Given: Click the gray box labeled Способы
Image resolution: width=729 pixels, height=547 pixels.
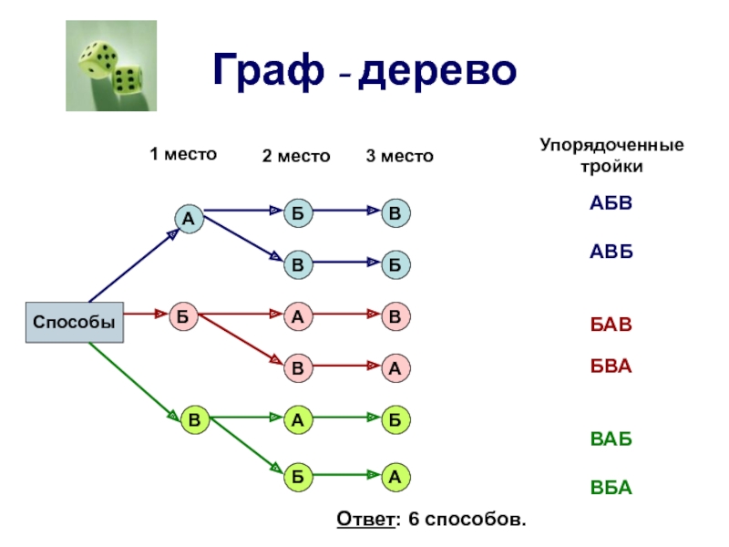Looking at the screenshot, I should [x=75, y=322].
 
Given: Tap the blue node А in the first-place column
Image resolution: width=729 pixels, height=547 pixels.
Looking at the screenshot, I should [x=189, y=219].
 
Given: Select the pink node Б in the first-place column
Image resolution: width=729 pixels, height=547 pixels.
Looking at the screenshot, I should [x=182, y=315].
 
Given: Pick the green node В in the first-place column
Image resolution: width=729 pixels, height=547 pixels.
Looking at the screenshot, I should [x=194, y=420].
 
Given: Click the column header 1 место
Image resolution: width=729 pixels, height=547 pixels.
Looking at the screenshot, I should [x=183, y=154].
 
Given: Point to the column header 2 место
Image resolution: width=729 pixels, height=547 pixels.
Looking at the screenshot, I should [x=296, y=157].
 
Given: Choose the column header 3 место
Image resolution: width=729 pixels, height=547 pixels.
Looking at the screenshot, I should [x=400, y=157].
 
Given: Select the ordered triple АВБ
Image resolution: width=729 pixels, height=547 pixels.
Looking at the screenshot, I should [x=610, y=251].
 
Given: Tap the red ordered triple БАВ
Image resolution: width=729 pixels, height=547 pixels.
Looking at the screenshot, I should [x=610, y=325].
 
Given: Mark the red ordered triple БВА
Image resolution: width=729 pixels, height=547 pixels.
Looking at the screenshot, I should [x=610, y=366].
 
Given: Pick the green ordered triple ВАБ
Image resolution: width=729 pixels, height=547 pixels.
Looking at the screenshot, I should [x=610, y=439].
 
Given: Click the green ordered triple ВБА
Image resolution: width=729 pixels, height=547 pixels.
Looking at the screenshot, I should [x=610, y=488].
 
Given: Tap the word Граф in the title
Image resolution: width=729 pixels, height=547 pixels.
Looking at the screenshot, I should [x=270, y=71].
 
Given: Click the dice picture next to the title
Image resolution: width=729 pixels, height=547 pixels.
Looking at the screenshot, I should [x=106, y=67].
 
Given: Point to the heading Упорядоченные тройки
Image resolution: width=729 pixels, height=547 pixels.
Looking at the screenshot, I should [x=611, y=156].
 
